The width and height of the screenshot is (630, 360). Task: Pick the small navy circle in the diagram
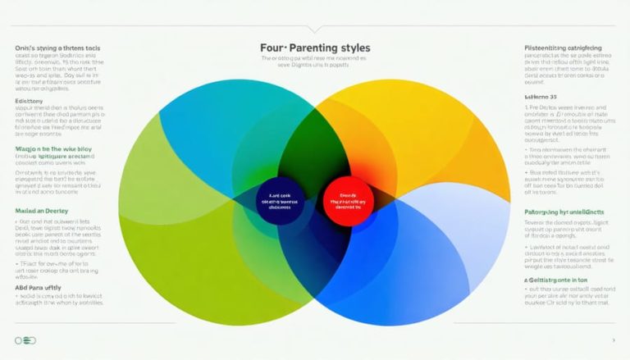280,202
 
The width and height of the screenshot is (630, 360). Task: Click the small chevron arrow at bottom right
613,339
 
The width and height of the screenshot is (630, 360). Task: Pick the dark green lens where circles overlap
315,139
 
